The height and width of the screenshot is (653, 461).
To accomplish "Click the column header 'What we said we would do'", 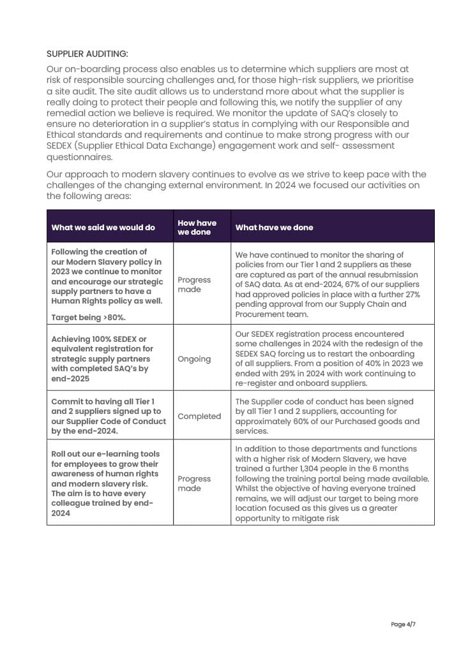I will point(103,228).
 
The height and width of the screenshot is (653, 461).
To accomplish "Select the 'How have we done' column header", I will point(197,228).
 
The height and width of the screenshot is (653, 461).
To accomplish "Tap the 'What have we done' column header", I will point(274,228).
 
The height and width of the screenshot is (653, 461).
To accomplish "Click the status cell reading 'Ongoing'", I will point(194,359).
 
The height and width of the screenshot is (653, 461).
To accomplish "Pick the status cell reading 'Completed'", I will point(199,416).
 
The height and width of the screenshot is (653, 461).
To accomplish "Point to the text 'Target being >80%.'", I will point(87,316).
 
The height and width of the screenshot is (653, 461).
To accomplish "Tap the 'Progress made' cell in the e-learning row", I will point(194,483).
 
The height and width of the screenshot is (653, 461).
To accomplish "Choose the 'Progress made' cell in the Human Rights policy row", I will point(194,284).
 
